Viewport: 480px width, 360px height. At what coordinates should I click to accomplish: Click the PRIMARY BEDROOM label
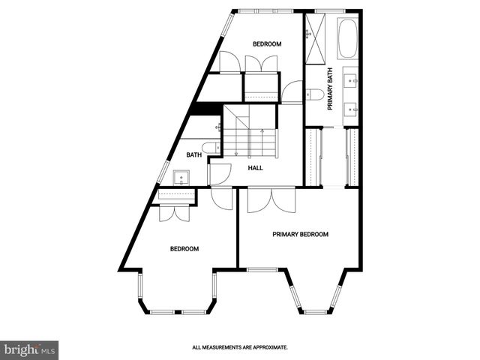(300, 234)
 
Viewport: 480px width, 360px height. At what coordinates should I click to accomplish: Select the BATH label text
(194, 155)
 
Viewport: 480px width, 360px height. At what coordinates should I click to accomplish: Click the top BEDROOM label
(266, 44)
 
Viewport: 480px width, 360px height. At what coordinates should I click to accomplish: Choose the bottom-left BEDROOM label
(184, 249)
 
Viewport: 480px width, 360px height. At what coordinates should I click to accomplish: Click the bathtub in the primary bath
(348, 40)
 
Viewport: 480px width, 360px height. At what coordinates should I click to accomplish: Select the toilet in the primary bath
(315, 94)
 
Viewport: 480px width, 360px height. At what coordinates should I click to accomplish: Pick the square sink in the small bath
(180, 178)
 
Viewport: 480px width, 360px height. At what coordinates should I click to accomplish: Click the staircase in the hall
(250, 131)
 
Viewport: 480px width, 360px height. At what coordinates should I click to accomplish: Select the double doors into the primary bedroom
(271, 199)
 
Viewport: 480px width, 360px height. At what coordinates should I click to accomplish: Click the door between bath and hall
(218, 175)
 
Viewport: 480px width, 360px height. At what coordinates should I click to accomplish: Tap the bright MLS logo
(29, 349)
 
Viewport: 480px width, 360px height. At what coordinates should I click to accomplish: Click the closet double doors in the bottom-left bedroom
(175, 212)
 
